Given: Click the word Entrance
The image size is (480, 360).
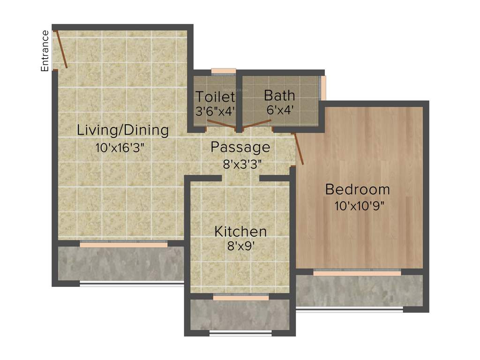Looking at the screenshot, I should pos(45,51).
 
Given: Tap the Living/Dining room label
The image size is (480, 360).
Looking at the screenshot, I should pos(123,130).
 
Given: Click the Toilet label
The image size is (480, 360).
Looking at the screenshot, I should pos(215,97).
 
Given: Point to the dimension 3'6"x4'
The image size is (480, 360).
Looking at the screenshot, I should pos(215,112).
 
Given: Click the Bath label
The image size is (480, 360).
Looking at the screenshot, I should pos(279,96).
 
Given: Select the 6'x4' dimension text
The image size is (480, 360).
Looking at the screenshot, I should pos(279,110).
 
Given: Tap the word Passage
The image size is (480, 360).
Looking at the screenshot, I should pos(240,147).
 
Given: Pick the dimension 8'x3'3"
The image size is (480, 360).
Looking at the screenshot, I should pos(242,164).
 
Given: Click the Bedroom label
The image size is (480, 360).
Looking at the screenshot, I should pos(357,189).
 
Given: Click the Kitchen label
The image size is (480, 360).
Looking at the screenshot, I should pos(240,231).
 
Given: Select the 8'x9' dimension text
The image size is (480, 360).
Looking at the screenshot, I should pos(241,246).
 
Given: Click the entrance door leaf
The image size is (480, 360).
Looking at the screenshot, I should pos(61,49).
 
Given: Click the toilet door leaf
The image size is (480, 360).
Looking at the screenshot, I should pos(221,124).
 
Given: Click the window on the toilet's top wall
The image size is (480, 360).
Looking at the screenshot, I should pos(223,71).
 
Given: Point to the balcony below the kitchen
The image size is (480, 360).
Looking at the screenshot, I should pos(240,315).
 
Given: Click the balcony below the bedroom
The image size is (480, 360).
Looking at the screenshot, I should pos(359,291).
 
